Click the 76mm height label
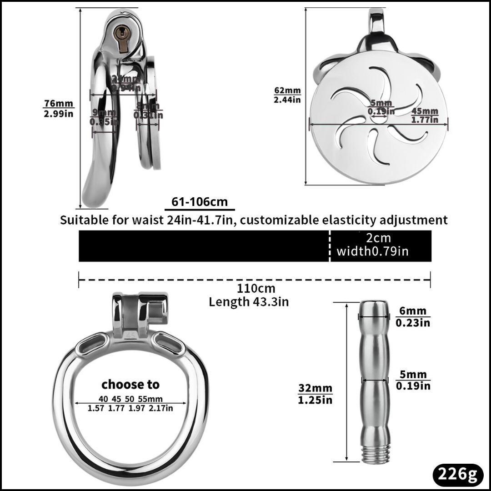[58, 104]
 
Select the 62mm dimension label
[287, 90]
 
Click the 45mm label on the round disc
[425, 111]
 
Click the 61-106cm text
[200, 202]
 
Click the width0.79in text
[372, 251]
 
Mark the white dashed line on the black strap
[329, 245]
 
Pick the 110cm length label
[256, 288]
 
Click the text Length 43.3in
[249, 301]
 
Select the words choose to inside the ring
[130, 384]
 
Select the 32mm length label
[315, 389]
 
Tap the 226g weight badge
[457, 475]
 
